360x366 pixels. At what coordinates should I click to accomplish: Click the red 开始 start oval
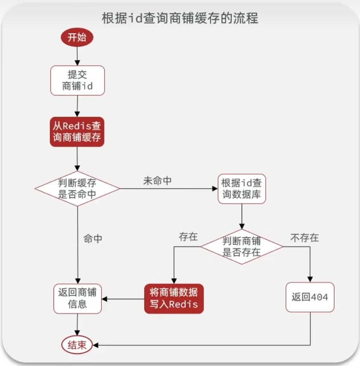pos(77,37)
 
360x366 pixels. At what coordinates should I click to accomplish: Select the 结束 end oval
pos(77,345)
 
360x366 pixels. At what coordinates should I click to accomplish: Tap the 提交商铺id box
pos(77,81)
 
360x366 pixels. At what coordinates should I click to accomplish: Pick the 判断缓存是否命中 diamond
pos(77,189)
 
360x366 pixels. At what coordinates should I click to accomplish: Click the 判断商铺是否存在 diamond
pos(242,246)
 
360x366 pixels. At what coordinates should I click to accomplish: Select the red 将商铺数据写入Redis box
pos(174,298)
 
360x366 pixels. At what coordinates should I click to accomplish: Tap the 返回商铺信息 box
pos(77,298)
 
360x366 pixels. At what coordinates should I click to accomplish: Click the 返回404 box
pos(310,297)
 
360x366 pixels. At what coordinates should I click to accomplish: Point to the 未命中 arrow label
pos(157,181)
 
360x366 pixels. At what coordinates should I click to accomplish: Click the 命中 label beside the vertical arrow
pos(93,239)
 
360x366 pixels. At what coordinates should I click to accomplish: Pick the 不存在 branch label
pos(304,237)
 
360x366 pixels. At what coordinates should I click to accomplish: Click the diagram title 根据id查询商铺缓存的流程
pos(180,19)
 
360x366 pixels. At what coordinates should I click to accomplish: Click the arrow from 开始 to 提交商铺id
pos(77,56)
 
